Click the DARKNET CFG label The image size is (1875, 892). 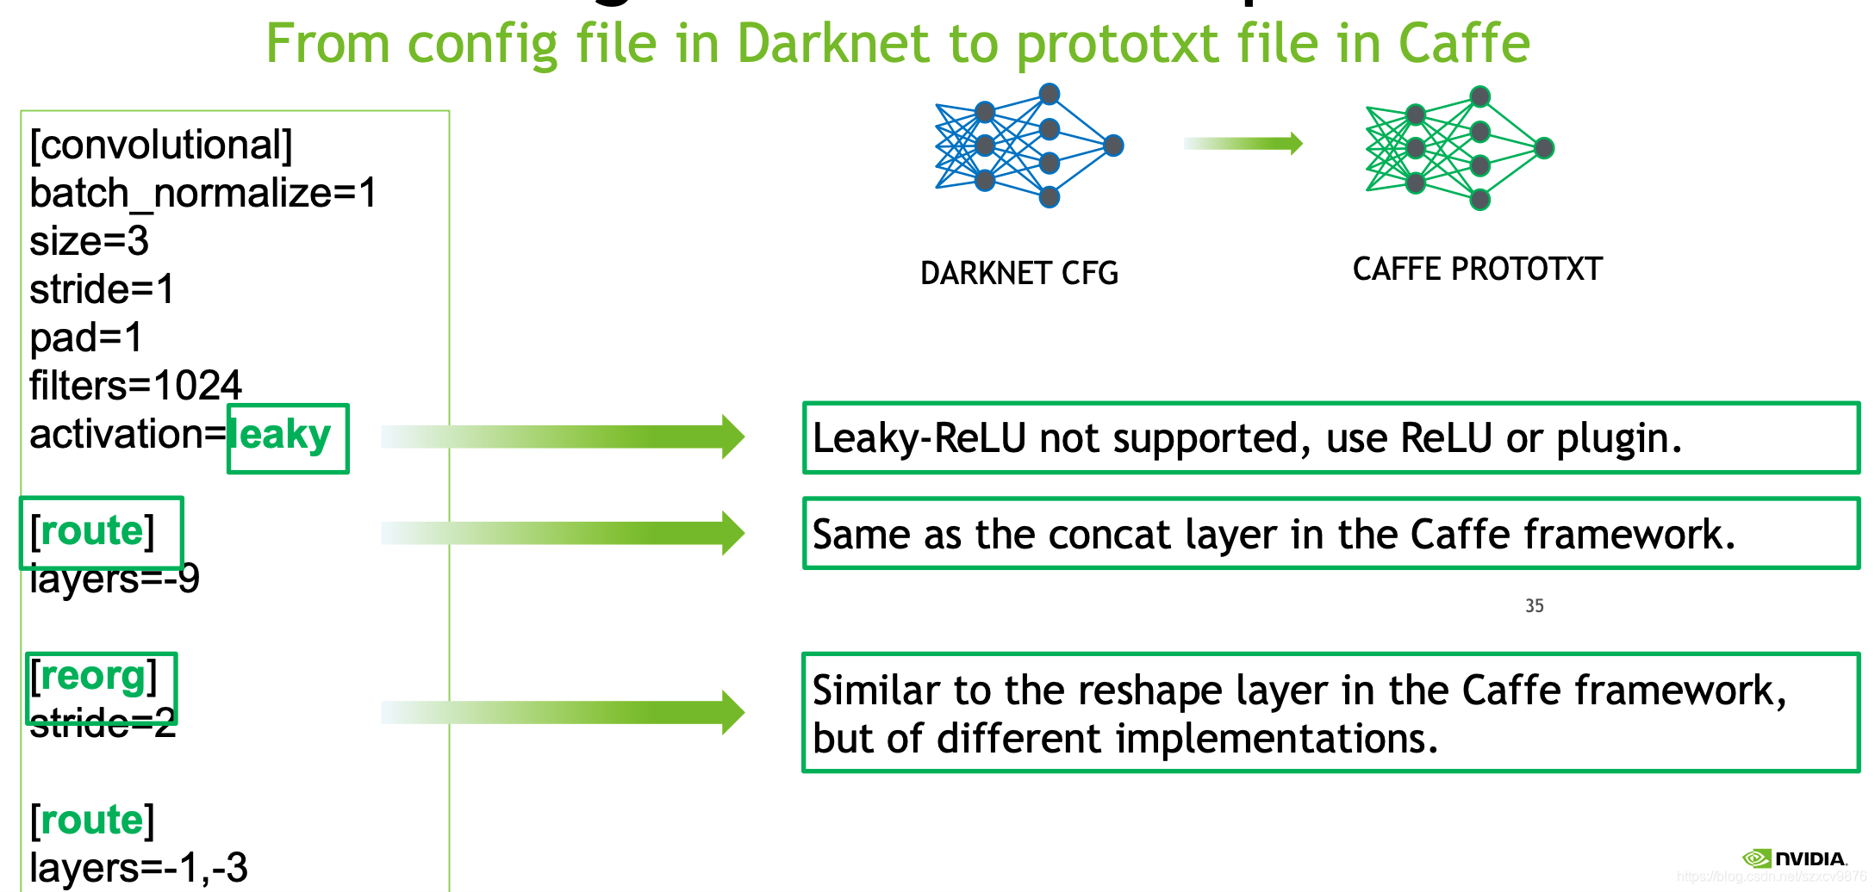pos(1018,273)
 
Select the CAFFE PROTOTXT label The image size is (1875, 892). pos(1477,269)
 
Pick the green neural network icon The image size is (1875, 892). pos(1459,148)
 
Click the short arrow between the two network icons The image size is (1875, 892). pos(1243,143)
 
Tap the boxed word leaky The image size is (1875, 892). pos(287,437)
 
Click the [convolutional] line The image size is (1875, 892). pos(161,145)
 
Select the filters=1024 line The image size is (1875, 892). pos(135,385)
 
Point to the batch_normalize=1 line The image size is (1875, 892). pos(202,193)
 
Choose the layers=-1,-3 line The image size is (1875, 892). pos(138,867)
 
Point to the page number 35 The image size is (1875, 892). pos(1534,605)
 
